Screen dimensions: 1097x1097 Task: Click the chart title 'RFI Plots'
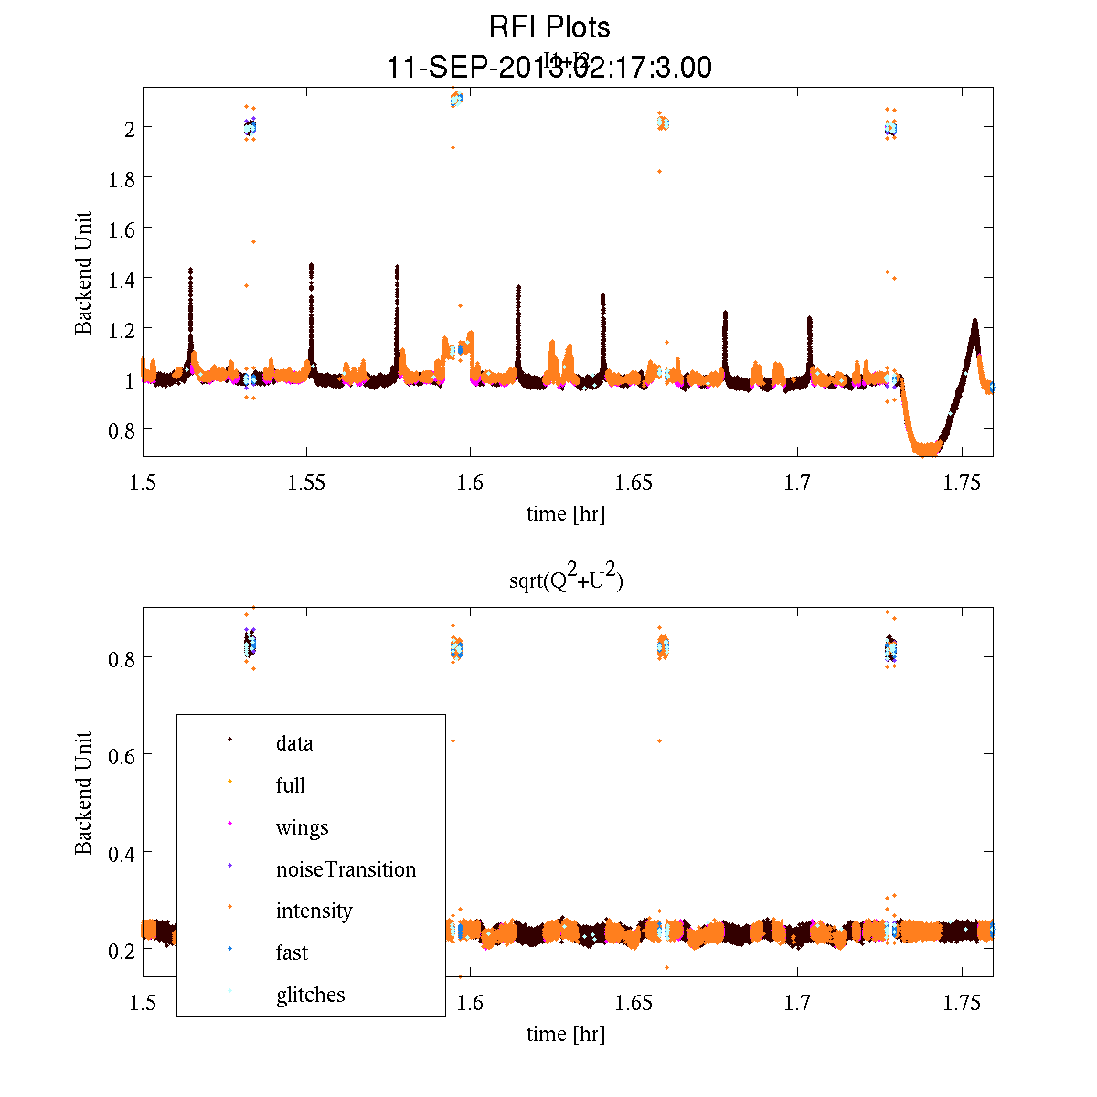(549, 27)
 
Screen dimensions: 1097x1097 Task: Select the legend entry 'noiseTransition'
(346, 869)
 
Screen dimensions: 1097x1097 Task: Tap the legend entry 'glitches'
(310, 995)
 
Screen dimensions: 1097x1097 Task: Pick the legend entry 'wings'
(302, 828)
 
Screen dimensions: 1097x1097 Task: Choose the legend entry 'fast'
(292, 953)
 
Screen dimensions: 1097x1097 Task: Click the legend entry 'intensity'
(314, 911)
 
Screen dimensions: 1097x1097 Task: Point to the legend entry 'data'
(293, 743)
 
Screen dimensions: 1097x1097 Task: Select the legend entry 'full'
(290, 785)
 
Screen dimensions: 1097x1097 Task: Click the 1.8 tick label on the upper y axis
(122, 178)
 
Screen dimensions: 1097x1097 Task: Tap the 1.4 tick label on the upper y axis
(122, 279)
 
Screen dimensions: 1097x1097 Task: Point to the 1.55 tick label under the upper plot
(306, 484)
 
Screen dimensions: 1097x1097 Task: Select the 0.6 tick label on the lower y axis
(122, 755)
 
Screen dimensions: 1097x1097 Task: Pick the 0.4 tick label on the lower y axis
(122, 853)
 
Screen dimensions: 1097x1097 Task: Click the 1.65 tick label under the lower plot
(634, 1004)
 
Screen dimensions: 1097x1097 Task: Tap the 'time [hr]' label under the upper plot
(565, 514)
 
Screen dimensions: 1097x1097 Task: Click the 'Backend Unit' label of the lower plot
(83, 793)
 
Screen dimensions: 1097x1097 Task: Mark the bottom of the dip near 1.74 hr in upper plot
(926, 449)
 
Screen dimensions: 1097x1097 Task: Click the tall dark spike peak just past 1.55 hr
(312, 266)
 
